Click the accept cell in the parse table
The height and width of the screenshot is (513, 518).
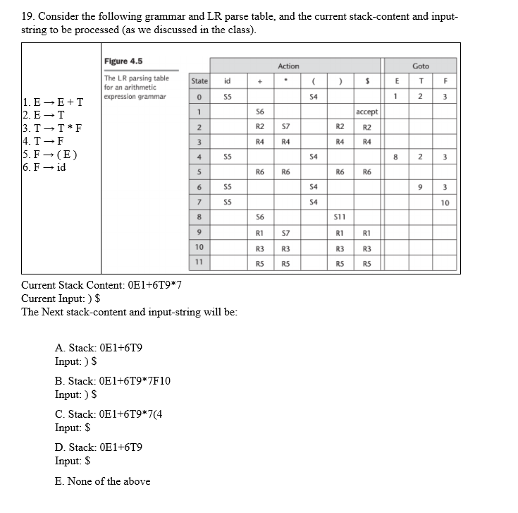pos(367,112)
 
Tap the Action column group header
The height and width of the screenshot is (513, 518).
pos(288,66)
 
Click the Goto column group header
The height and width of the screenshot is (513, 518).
pos(421,66)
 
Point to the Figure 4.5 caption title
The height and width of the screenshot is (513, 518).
pos(123,62)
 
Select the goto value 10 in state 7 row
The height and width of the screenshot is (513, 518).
pos(445,203)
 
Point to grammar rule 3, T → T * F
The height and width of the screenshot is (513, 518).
pos(53,128)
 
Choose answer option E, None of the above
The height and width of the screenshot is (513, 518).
pos(102,481)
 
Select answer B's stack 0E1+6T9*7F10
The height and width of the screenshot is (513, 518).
pos(112,381)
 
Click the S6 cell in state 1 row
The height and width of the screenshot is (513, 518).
pos(259,112)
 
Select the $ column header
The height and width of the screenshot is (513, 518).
pos(367,81)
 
